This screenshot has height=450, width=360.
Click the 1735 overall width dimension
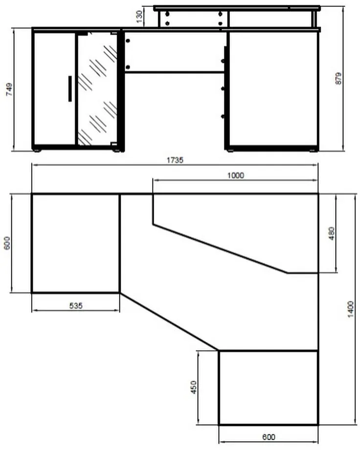click(175, 160)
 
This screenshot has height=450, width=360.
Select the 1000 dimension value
click(236, 175)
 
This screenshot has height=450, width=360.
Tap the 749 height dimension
click(9, 89)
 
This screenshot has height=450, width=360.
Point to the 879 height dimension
click(339, 78)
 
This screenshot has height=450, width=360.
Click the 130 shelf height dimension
click(139, 17)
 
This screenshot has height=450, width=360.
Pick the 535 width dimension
click(76, 306)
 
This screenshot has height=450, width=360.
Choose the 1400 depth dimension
click(351, 309)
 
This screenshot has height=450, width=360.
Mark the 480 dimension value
click(331, 233)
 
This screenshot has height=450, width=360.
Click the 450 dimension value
click(194, 387)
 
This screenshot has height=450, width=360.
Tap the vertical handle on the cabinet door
click(70, 89)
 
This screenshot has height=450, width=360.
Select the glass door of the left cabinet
click(97, 89)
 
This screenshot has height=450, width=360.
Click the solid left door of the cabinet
click(55, 89)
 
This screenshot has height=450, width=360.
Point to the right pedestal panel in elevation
click(273, 89)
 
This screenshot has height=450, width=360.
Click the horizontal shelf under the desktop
click(175, 72)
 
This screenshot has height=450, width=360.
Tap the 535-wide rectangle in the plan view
click(75, 244)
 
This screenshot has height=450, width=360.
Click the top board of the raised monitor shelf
click(237, 8)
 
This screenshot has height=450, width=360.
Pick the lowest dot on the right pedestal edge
click(223, 116)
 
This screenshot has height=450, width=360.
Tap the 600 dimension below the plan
click(269, 437)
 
